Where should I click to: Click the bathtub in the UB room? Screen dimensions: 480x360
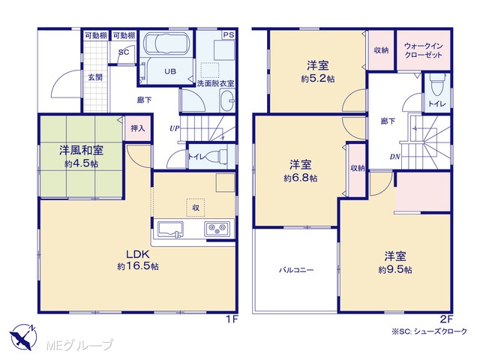pos(165,43)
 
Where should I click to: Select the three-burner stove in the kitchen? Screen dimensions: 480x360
pos(217,228)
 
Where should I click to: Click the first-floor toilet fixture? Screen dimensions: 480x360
pos(217,156)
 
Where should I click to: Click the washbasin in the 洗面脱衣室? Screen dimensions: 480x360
pos(227,101)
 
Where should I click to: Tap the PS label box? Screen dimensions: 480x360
pos(229,35)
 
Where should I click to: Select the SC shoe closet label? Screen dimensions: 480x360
pos(123,52)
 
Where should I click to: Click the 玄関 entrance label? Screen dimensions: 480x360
pos(95,77)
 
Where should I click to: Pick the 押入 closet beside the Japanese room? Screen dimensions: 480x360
pos(137,128)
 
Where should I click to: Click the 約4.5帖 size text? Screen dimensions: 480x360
pos(81,164)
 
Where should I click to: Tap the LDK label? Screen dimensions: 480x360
pos(138,254)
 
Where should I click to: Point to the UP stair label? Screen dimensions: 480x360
pos(174,128)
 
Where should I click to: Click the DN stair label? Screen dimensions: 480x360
pos(395,157)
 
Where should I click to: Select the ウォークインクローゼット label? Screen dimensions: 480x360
pos(423,50)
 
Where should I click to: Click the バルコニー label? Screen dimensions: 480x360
pos(296,270)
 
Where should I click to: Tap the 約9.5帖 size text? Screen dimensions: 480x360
pos(395,270)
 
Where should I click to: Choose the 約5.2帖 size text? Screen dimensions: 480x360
pos(318,79)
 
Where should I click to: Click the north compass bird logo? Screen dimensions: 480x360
pos(23,337)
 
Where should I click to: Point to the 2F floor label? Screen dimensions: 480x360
pos(446,319)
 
